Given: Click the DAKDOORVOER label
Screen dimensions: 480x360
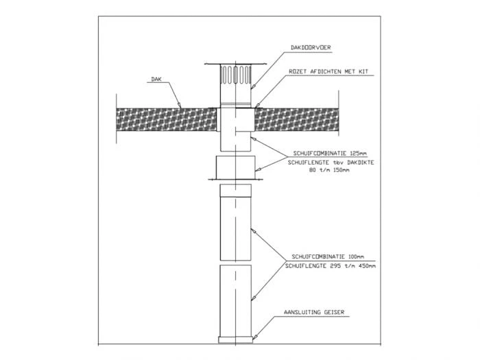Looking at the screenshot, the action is tap(311, 47).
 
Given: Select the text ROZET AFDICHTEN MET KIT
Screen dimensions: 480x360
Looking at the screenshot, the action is tap(328, 71).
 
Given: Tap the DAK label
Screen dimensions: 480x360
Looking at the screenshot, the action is tap(156, 79).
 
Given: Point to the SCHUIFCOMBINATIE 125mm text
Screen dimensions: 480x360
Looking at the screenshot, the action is tap(330, 154).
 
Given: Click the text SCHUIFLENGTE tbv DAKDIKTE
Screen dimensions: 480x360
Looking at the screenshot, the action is tap(331, 163).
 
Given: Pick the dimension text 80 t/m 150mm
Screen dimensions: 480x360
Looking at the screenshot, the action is tap(329, 170).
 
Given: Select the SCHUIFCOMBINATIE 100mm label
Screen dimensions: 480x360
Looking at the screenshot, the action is tap(328, 256).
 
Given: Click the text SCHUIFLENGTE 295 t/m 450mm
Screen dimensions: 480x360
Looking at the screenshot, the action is tap(331, 266).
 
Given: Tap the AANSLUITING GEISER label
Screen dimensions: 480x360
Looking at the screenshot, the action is tap(314, 312).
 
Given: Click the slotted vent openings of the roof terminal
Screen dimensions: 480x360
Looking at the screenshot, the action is tap(235, 74).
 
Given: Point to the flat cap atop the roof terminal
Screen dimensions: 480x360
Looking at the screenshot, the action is tap(235, 64).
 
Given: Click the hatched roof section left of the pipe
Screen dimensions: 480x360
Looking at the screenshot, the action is tap(166, 119).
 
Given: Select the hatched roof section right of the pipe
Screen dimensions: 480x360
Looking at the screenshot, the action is tap(297, 119).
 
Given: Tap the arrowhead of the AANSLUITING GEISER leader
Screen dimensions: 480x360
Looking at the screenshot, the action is tap(254, 337).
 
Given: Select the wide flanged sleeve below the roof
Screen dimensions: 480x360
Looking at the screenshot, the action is tap(235, 168).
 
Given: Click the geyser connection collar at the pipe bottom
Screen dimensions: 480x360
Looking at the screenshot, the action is tap(235, 339).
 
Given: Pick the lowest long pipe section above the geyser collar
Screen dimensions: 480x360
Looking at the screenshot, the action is tap(235, 300).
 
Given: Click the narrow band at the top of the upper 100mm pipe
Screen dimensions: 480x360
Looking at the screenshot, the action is tap(235, 190).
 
